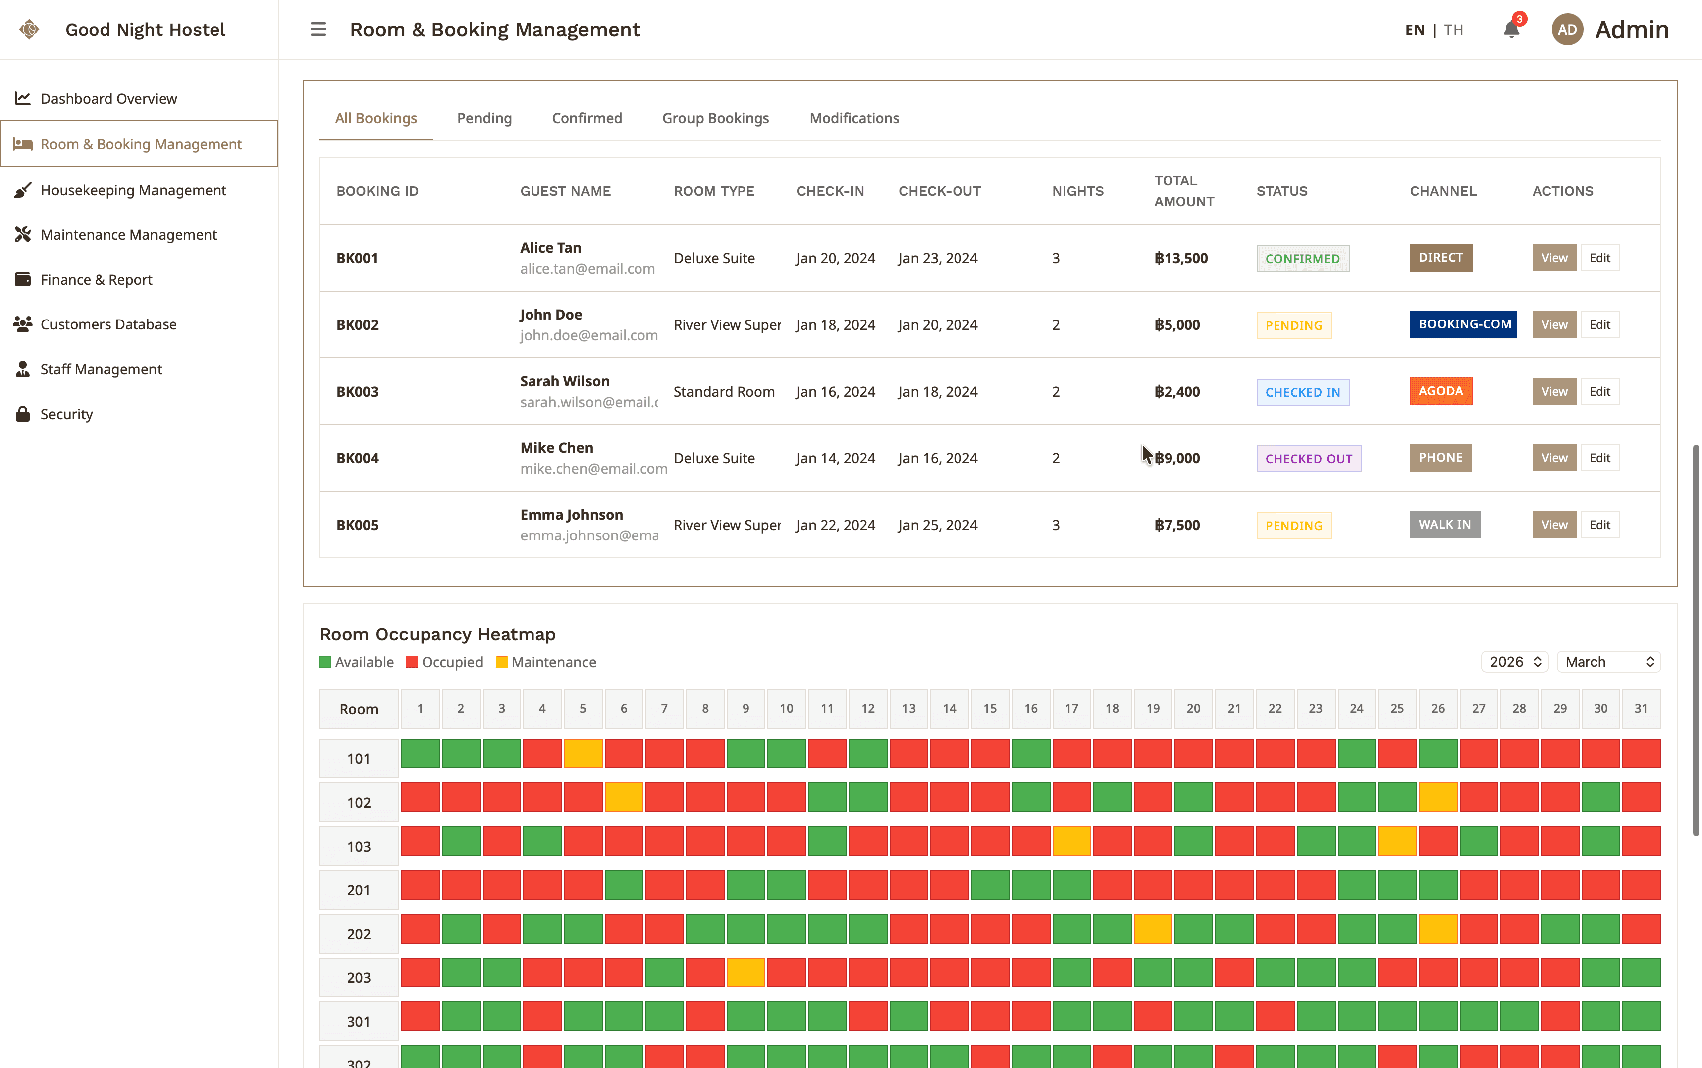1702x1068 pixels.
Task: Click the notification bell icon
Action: pos(1511,30)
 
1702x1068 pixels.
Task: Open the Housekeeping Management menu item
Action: pos(133,190)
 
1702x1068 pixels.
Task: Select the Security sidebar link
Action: pos(66,414)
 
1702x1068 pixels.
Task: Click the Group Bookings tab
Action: pos(716,118)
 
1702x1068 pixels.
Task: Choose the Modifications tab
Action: pos(854,118)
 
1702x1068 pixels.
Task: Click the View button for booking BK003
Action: pos(1554,391)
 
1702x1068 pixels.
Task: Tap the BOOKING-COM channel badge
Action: pos(1463,324)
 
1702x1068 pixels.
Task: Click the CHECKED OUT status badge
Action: pos(1309,458)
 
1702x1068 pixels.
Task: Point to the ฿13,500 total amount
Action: pos(1181,258)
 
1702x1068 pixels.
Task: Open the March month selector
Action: pos(1608,662)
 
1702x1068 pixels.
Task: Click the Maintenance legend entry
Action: pos(546,662)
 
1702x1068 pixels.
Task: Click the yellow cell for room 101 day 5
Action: pos(583,753)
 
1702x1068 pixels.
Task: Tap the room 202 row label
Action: pos(359,934)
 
